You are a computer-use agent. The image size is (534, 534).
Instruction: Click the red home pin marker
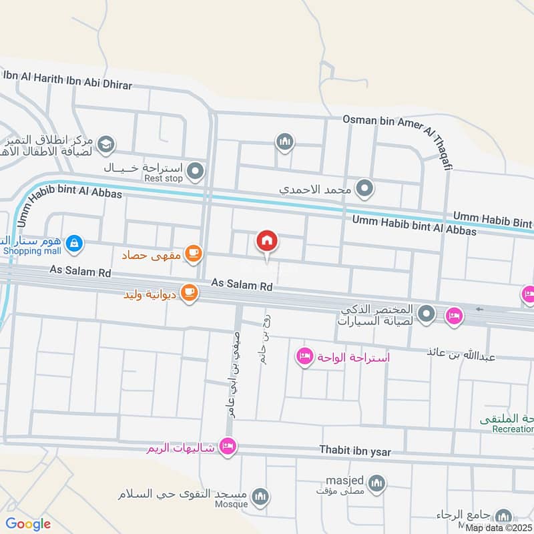coord(267,242)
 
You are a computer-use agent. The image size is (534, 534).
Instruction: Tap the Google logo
coord(28,524)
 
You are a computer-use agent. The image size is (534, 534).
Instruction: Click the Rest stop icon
coord(195,172)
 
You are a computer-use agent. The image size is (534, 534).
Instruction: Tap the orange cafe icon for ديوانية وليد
coord(189,294)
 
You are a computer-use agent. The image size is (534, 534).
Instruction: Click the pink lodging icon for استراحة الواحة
coord(305,356)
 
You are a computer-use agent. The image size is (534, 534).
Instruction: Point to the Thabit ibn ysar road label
coord(355,452)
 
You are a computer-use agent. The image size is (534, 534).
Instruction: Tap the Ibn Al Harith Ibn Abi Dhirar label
coord(68,81)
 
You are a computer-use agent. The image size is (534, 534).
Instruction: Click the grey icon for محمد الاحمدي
coord(364,190)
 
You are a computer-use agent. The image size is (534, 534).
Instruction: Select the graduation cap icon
coord(105,144)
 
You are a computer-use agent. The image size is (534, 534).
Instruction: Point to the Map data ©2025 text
coord(499,527)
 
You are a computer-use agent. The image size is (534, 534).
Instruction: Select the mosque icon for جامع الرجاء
coord(504,515)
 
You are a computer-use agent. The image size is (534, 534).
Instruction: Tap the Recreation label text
coord(513,429)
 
